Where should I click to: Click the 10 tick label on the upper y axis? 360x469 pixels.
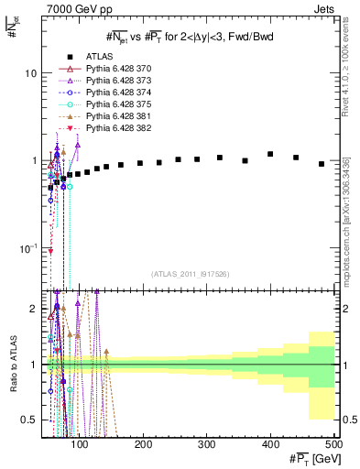29,73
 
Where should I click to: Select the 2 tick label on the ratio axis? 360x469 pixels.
33,309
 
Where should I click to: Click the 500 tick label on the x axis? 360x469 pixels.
334,444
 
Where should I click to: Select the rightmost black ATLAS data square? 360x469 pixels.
321,164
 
